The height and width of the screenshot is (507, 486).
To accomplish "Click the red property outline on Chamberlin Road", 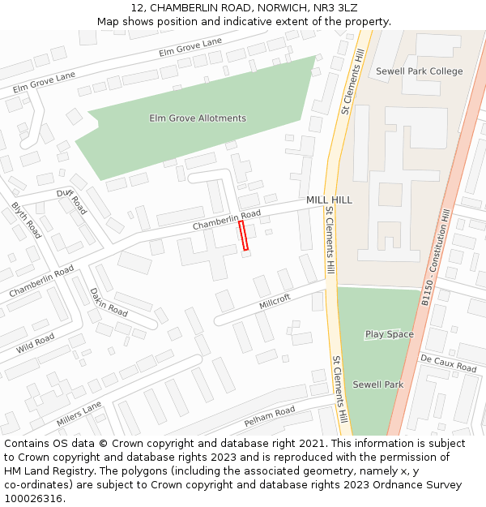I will [x=243, y=235].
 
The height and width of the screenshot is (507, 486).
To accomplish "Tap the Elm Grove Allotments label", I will [x=198, y=118].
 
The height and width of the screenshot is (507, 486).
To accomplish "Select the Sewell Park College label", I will [x=419, y=71].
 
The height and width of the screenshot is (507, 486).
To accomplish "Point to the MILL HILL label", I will [x=329, y=200].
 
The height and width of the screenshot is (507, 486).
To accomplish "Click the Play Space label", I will [x=389, y=334].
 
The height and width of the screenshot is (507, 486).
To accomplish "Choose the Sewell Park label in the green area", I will [x=377, y=385].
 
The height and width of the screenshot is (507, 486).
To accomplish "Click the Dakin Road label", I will [x=109, y=302].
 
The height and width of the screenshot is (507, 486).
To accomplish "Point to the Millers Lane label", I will [x=79, y=414].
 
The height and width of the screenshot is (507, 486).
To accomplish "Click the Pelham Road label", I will [x=270, y=417].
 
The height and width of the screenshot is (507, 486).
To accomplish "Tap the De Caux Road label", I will [x=448, y=363].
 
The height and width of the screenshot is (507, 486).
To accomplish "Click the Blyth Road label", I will [x=26, y=220].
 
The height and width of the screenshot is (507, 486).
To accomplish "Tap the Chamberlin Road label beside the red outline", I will [x=226, y=219].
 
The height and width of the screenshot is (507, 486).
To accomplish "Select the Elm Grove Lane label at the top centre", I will [x=190, y=47].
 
